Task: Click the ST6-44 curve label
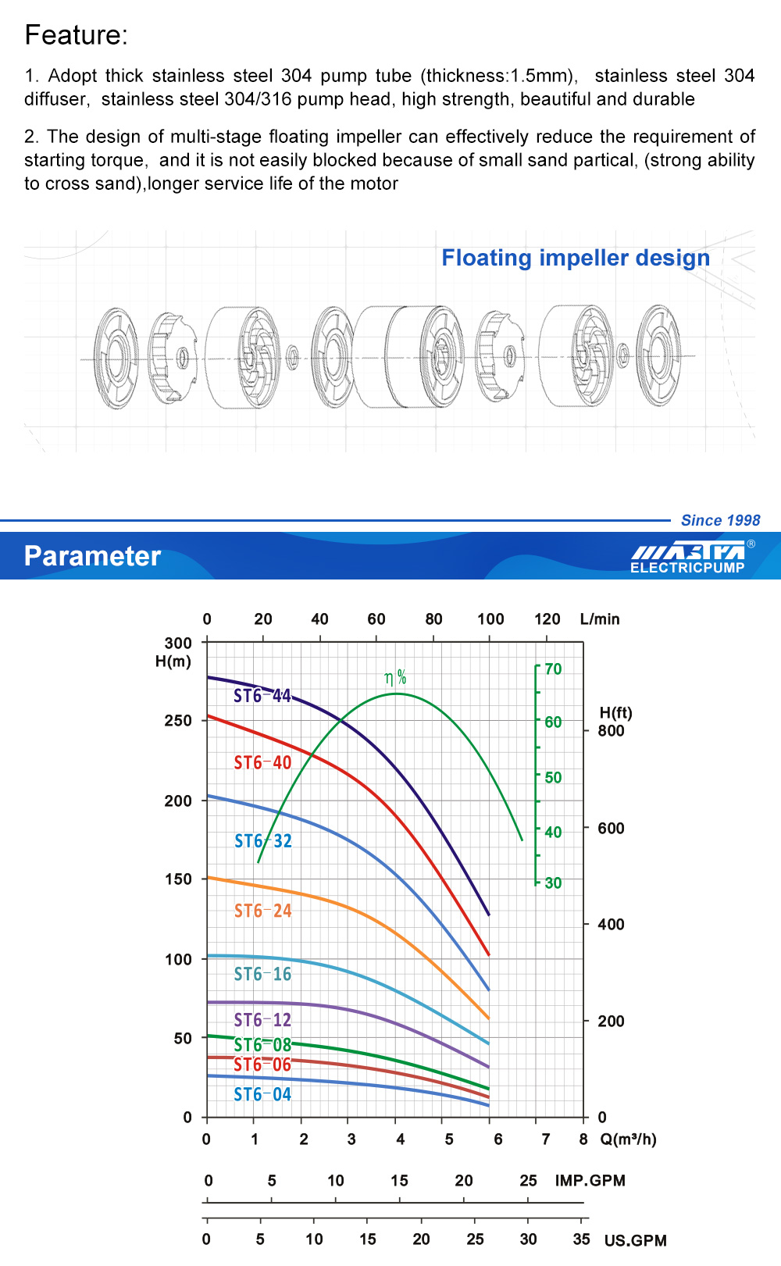pos(262,695)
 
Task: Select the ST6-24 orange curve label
pos(262,911)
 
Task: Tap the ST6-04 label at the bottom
pos(262,1094)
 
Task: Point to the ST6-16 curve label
pos(262,974)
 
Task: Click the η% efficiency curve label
pos(395,677)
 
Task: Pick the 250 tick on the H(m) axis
pos(178,720)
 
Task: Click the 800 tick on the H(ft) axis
pos(611,731)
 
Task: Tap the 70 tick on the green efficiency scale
pos(553,669)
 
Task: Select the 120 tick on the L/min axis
pos(547,619)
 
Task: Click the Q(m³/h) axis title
pos(628,1139)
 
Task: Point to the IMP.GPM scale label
pos(590,1180)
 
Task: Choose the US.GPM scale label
pos(635,1240)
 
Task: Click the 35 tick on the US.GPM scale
pos(581,1239)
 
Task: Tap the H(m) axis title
pos(173,662)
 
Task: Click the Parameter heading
pos(92,556)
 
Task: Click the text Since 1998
pos(720,520)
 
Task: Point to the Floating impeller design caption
pos(576,258)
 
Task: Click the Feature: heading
pos(76,35)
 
